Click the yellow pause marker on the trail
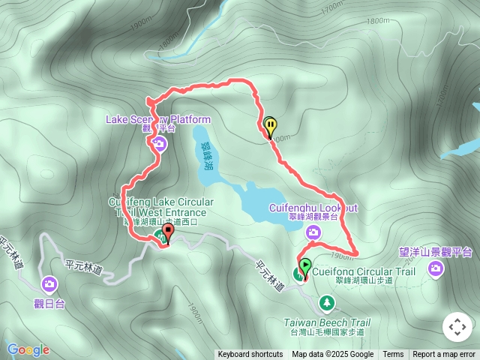[x=270, y=127]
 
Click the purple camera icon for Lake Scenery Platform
[x=159, y=143]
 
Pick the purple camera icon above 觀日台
[x=49, y=283]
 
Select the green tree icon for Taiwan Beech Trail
[x=326, y=303]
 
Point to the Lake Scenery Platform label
[x=158, y=119]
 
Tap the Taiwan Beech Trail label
[x=327, y=322]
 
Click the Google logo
[x=28, y=349]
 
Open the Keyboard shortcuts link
[x=250, y=355]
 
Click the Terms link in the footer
[x=393, y=355]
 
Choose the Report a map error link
[x=444, y=355]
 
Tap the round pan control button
[x=456, y=327]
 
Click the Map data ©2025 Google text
[x=332, y=355]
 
